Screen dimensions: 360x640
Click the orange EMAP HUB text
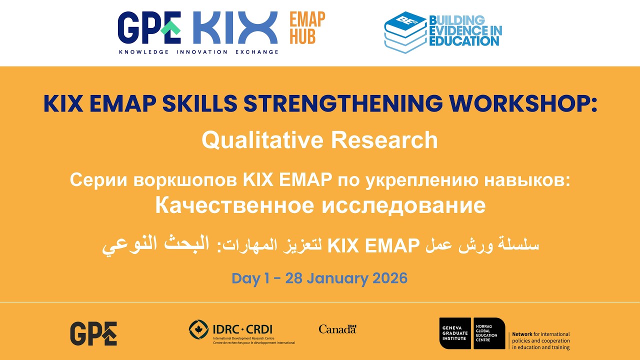pos(307,28)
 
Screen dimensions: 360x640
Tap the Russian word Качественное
pos(234,205)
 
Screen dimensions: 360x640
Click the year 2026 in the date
pos(390,278)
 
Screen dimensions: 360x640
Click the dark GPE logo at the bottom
pos(93,333)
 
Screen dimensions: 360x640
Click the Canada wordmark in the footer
pos(337,329)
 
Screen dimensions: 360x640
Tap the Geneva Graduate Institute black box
pos(454,333)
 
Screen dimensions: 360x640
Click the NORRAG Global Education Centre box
pos(488,333)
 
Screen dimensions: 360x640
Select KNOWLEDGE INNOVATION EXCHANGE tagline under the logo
pos(198,52)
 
